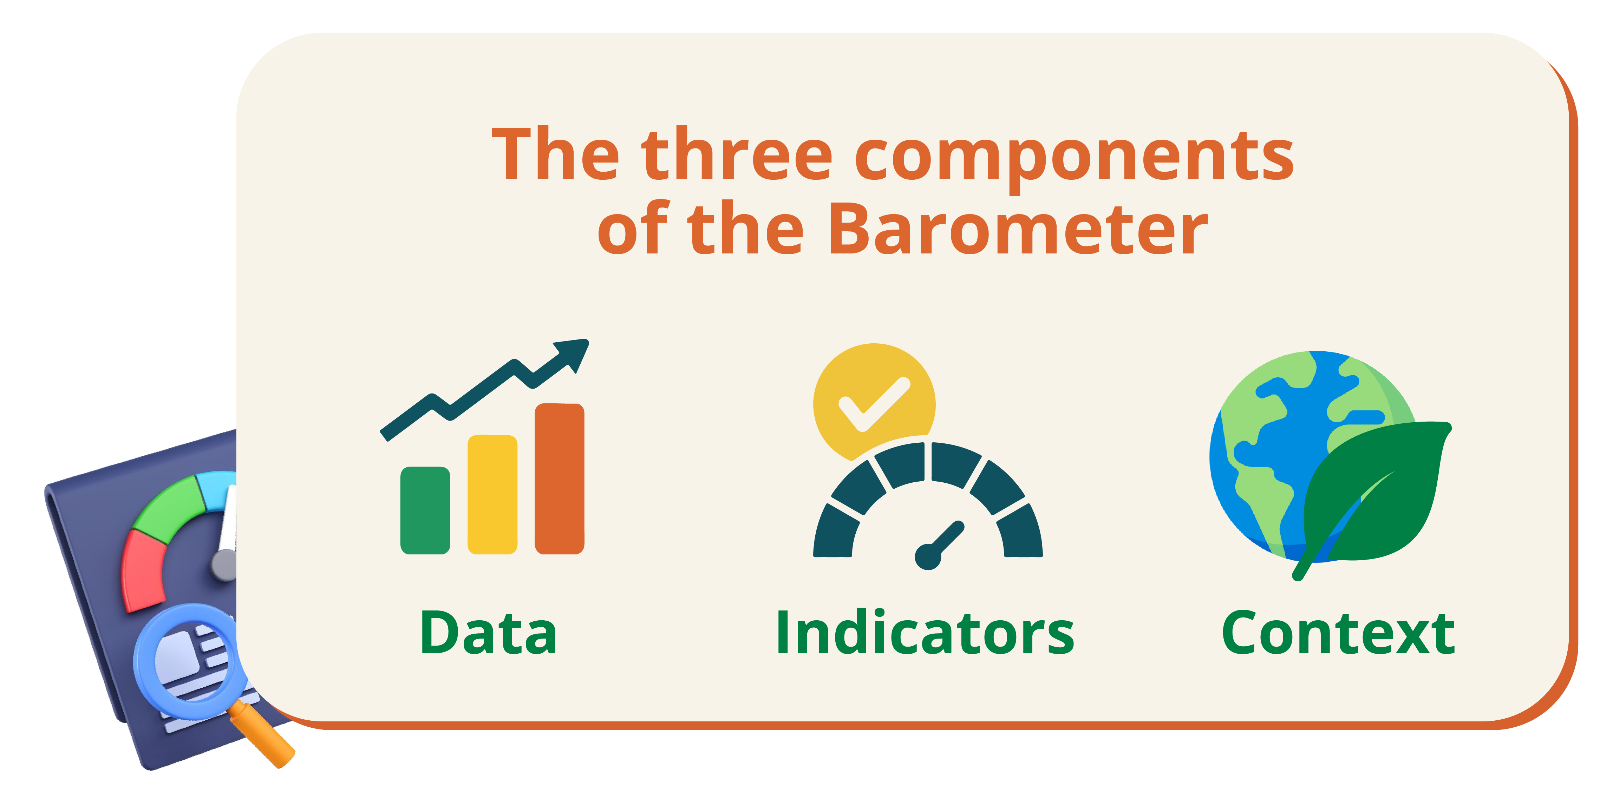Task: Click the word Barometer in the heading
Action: pos(1019,229)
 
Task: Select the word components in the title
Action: pos(1075,160)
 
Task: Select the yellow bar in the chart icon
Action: pos(492,494)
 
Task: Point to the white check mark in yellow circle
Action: pos(874,404)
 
